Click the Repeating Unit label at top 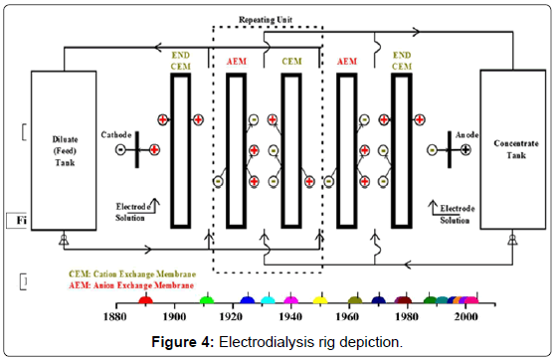pyautogui.click(x=268, y=19)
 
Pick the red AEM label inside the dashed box pyautogui.click(x=235, y=62)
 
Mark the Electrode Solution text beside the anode pyautogui.click(x=455, y=214)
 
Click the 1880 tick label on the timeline pyautogui.click(x=116, y=316)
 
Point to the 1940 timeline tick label pyautogui.click(x=290, y=316)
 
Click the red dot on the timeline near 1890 pyautogui.click(x=145, y=299)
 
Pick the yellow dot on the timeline pyautogui.click(x=320, y=299)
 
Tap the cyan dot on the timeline pyautogui.click(x=269, y=299)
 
